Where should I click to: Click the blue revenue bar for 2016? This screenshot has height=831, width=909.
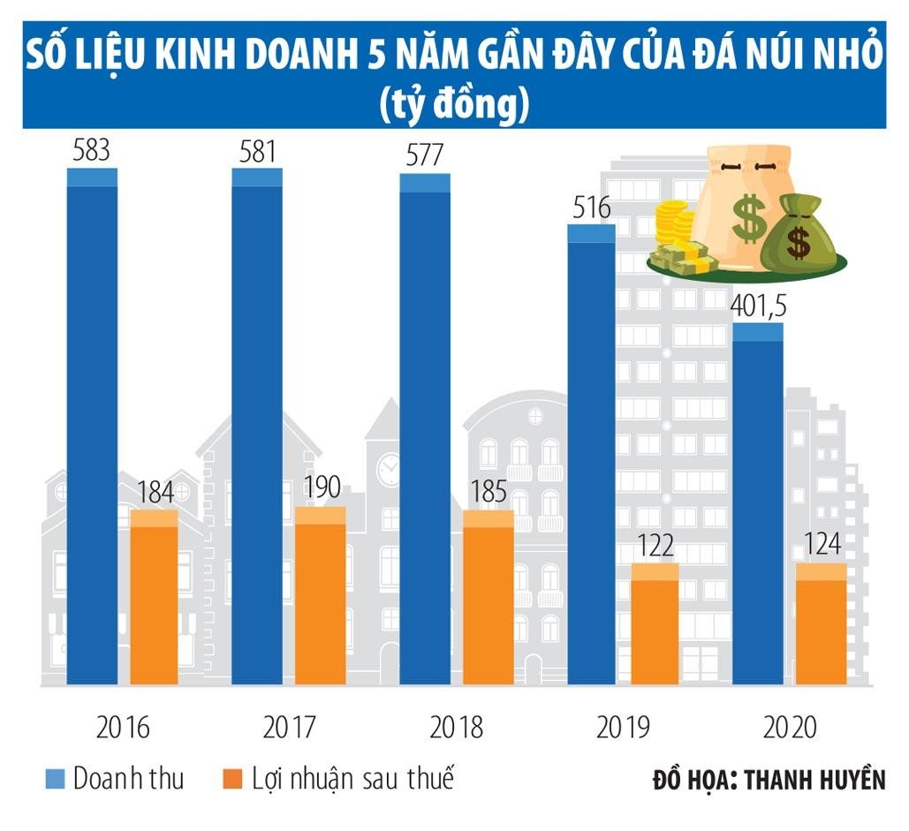[92, 424]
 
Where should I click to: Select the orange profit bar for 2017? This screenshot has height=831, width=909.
[320, 596]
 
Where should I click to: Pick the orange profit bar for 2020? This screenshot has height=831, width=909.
[822, 623]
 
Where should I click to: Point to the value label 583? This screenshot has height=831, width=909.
[91, 150]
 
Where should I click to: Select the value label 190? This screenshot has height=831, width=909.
[320, 489]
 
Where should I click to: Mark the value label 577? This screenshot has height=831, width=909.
[424, 156]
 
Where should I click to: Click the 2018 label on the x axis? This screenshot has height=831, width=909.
[456, 728]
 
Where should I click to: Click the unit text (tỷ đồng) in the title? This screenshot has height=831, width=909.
[454, 104]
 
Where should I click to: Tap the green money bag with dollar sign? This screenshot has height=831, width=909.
[799, 234]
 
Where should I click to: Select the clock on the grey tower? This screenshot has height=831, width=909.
[389, 470]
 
